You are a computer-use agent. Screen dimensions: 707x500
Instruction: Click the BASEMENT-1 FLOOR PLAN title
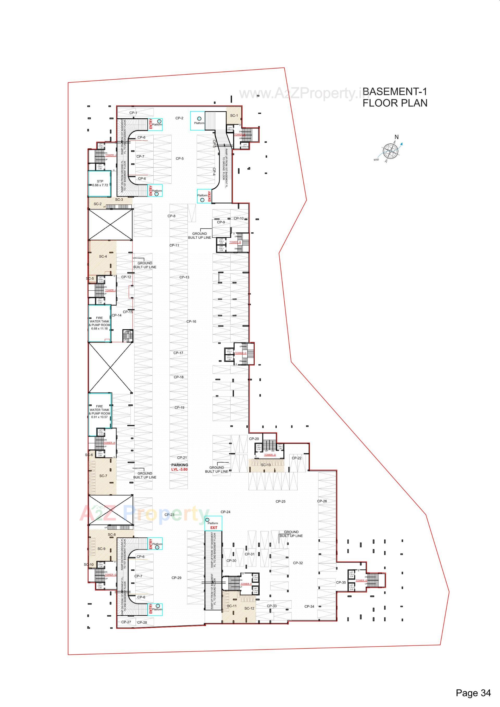click(x=395, y=97)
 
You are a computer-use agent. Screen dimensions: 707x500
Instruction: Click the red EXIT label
click(x=214, y=527)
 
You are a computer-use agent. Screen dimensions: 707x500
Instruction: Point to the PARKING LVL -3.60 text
click(x=179, y=467)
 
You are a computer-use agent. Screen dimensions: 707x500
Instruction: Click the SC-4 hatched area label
click(x=103, y=257)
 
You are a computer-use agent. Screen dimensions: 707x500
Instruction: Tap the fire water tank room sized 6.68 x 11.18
click(x=99, y=323)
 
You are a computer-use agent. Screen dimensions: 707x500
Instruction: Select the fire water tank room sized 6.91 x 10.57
click(x=99, y=412)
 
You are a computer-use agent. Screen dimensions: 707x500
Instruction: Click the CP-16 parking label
click(x=191, y=321)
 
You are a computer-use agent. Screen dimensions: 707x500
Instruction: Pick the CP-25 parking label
click(x=280, y=501)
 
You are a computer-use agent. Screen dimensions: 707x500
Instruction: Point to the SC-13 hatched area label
click(x=266, y=465)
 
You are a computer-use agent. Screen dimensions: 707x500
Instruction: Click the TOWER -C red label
click(x=241, y=353)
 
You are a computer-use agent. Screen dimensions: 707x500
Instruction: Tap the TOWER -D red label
click(x=270, y=455)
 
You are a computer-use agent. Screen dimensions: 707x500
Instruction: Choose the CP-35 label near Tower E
click(x=341, y=582)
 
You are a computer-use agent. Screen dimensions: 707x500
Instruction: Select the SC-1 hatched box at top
click(x=234, y=116)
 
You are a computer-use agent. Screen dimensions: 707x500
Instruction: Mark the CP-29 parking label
click(x=176, y=578)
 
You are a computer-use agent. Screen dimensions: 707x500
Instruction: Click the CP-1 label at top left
click(x=133, y=113)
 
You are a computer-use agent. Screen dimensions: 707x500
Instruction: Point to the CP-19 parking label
click(x=179, y=407)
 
